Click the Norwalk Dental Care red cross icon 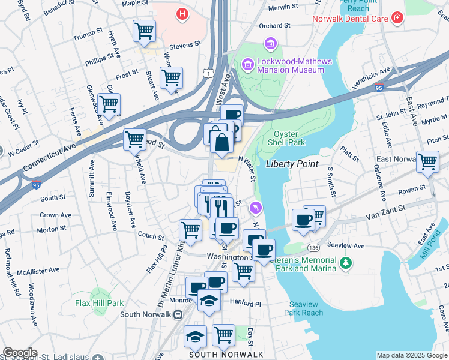(397, 19)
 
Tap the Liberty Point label (291, 164)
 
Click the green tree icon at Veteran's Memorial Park (345, 263)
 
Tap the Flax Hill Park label (99, 303)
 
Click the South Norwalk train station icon (178, 314)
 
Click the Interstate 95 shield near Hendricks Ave (378, 88)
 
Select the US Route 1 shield (207, 72)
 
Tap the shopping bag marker (221, 142)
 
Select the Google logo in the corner (20, 353)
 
